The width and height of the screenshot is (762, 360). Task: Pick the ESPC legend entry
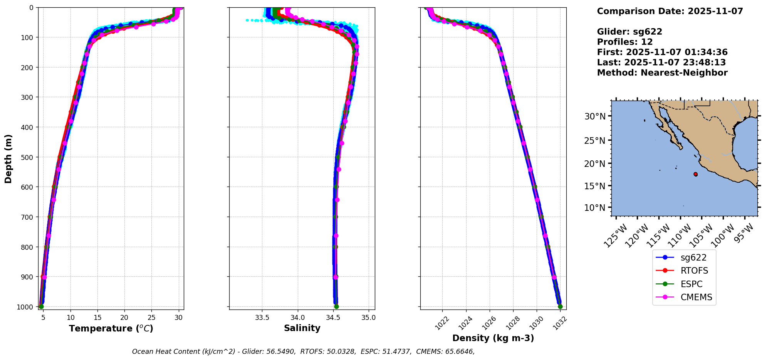(x=692, y=284)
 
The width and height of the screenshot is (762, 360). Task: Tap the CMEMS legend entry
(x=696, y=297)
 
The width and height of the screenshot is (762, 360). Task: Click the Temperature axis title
(x=111, y=328)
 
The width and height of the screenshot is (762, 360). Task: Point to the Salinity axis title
(x=302, y=328)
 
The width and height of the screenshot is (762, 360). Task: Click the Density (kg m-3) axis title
(x=493, y=338)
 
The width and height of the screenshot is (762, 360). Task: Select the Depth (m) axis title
(x=8, y=158)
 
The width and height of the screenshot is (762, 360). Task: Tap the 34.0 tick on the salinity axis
(x=297, y=318)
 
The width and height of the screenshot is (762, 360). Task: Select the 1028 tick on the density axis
(x=513, y=323)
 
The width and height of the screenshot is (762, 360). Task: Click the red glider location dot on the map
(x=695, y=174)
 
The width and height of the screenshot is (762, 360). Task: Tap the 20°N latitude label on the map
(x=595, y=164)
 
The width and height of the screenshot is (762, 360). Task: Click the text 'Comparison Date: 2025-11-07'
(x=670, y=11)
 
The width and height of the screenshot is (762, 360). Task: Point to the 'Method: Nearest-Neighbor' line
(x=662, y=73)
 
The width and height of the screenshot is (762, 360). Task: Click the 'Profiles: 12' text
(x=625, y=42)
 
